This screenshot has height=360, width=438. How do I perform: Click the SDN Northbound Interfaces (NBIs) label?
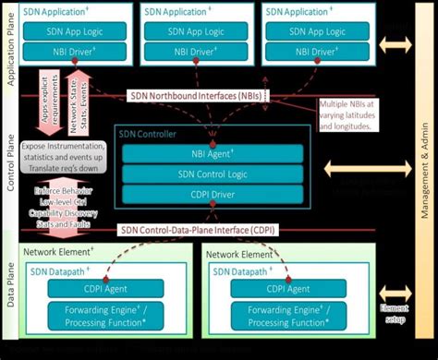(195, 96)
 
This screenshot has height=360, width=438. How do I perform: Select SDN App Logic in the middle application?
(198, 32)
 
